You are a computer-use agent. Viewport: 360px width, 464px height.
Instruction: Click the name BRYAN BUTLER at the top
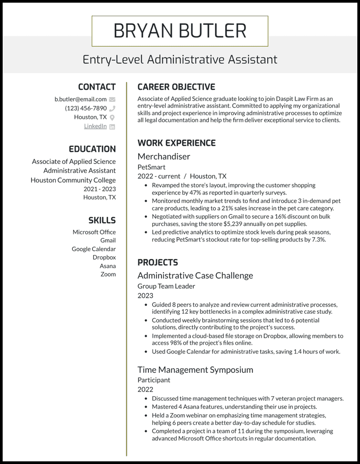click(x=180, y=31)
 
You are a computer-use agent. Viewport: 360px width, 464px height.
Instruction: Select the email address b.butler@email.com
click(x=80, y=99)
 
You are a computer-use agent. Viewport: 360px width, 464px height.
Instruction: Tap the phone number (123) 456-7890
click(x=86, y=108)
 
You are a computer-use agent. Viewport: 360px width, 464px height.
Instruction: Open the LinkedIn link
click(x=95, y=126)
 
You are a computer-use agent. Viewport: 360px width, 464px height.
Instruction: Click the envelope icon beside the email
click(x=112, y=100)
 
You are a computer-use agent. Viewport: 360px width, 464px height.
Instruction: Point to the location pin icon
click(x=112, y=117)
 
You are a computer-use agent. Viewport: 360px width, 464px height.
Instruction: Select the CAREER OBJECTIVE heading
click(x=176, y=87)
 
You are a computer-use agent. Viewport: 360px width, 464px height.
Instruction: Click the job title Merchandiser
click(x=164, y=156)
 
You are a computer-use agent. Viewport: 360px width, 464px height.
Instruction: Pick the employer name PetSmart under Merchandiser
click(x=151, y=167)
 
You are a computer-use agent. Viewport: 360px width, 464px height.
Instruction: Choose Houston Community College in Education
click(x=73, y=180)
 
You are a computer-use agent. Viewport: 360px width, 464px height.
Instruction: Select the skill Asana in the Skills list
click(x=108, y=266)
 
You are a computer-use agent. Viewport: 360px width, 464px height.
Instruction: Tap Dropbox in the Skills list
click(x=104, y=257)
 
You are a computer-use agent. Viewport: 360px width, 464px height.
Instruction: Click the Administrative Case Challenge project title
click(x=195, y=275)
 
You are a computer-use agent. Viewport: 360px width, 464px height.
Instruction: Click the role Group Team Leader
click(x=166, y=286)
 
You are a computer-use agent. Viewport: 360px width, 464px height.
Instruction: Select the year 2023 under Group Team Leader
click(x=145, y=296)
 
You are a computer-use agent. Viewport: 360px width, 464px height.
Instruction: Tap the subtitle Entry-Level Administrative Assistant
click(x=180, y=59)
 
